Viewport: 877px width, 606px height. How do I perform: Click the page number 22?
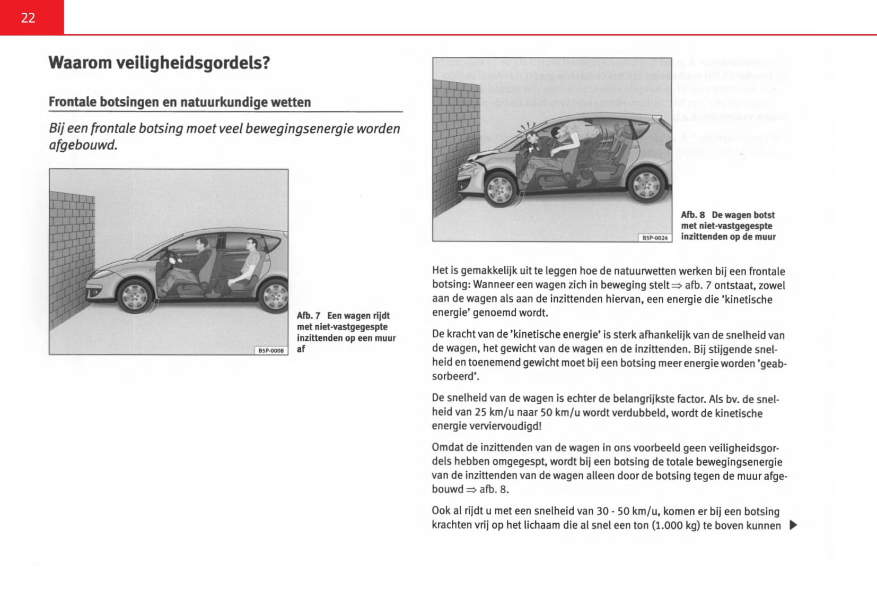[x=28, y=18]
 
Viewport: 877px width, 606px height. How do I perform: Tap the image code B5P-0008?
[x=271, y=350]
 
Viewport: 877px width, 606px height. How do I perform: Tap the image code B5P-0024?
[x=655, y=238]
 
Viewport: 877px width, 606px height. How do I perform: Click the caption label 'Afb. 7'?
[x=309, y=316]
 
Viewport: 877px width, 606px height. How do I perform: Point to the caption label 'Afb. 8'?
[x=693, y=215]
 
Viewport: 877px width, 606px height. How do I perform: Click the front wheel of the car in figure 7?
[x=133, y=296]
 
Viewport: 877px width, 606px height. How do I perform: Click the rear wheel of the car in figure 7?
[x=274, y=295]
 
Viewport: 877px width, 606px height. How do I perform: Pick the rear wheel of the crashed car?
[x=646, y=185]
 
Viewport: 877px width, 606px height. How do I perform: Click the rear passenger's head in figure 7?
[x=252, y=245]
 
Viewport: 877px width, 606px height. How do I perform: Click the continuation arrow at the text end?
[x=793, y=525]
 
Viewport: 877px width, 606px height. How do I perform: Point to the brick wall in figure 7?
[x=72, y=260]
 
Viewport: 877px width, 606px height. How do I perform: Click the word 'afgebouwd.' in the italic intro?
[x=83, y=145]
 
